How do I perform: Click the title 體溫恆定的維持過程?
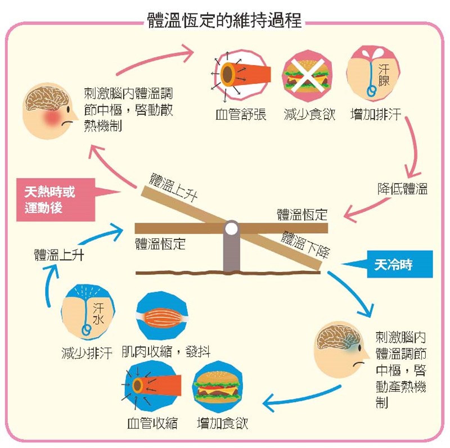224,20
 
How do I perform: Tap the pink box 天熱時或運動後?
55,200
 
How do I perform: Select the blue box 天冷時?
399,264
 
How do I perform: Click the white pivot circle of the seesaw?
231,229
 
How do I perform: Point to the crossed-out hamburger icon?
307,76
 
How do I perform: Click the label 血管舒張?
241,114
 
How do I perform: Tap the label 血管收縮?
152,423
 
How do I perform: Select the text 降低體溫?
402,189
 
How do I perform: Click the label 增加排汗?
375,114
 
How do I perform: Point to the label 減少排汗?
87,352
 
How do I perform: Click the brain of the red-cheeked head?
47,98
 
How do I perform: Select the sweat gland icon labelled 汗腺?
373,72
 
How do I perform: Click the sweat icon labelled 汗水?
88,311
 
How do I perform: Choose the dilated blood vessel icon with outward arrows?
241,75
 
